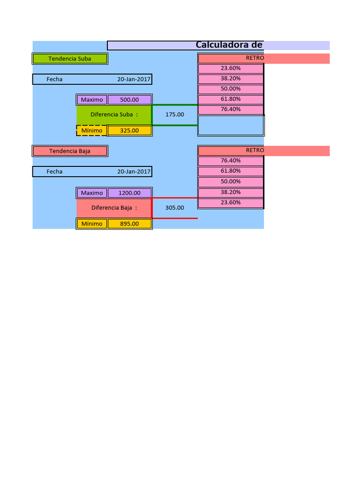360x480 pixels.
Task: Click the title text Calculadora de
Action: tap(229, 45)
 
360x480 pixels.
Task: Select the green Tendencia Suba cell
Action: tap(70, 59)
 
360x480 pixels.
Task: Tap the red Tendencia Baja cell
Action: tap(70, 151)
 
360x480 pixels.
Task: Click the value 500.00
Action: tap(129, 99)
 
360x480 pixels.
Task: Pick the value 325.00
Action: tap(129, 130)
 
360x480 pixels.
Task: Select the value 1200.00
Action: tap(129, 193)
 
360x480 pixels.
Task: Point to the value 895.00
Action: tap(129, 224)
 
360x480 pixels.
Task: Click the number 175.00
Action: tap(175, 114)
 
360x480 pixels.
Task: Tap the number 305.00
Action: tap(175, 208)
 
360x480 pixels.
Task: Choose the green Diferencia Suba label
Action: tap(114, 114)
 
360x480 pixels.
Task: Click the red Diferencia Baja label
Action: tap(114, 208)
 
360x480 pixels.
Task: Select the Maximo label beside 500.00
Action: tap(92, 99)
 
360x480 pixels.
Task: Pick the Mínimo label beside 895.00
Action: tap(92, 224)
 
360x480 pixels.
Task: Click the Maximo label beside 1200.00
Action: tap(92, 193)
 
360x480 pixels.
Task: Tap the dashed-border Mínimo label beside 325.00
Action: tap(92, 130)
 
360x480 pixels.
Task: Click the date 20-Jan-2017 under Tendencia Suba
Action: tap(134, 79)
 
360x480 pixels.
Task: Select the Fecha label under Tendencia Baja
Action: tap(54, 172)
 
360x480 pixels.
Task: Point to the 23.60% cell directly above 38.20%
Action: tap(231, 68)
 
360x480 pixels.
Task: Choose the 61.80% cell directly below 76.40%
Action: tap(231, 171)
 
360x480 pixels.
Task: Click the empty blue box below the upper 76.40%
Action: tap(231, 125)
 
